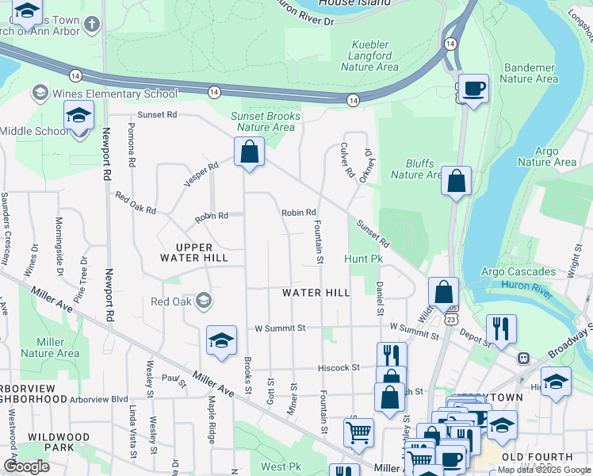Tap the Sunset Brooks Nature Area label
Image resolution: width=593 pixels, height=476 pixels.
(x=266, y=121)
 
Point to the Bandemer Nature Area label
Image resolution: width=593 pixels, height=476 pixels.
(x=529, y=73)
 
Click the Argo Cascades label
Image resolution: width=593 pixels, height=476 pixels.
(x=518, y=272)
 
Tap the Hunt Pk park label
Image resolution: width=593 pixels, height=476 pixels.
(x=364, y=259)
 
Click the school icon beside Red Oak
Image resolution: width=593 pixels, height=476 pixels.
(x=205, y=301)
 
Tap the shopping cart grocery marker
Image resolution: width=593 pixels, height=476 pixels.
(x=358, y=432)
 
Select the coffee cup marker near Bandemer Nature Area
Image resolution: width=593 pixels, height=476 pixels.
(x=473, y=88)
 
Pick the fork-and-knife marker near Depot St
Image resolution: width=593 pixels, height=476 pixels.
(x=501, y=328)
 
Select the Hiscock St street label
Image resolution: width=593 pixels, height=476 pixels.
(x=339, y=367)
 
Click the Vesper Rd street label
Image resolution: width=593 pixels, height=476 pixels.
(x=201, y=175)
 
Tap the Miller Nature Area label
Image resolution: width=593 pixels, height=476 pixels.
(x=50, y=347)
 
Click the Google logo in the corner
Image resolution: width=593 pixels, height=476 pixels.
(x=26, y=466)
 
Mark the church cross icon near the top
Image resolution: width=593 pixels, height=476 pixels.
(x=93, y=24)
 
